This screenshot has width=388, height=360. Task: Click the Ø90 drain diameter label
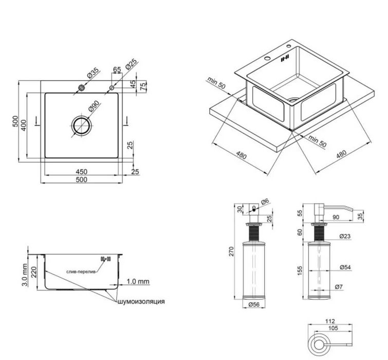point(94,106)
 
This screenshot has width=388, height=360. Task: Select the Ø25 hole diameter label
point(131,64)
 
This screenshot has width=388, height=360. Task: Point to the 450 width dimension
point(81,172)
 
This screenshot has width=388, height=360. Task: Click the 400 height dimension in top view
point(23,125)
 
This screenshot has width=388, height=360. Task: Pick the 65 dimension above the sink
point(117,69)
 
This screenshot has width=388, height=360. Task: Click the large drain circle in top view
point(81,126)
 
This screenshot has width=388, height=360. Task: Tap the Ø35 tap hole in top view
point(81,87)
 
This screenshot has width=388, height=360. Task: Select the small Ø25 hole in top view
point(112,87)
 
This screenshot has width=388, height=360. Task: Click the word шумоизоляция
point(141,301)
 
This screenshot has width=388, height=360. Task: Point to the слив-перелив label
point(81,272)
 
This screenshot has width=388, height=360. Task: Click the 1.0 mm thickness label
point(138,281)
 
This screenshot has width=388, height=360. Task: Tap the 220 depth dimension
point(33,272)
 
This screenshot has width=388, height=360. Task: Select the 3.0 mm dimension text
point(25,275)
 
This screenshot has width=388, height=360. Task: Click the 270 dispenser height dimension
point(231,251)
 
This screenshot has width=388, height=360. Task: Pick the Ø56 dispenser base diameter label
point(254,304)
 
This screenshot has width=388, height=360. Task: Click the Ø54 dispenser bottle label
point(345,267)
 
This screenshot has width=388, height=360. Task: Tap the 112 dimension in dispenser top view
point(330,321)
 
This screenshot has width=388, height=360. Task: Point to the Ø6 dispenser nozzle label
point(265,202)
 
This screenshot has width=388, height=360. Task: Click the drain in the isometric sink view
point(293,100)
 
